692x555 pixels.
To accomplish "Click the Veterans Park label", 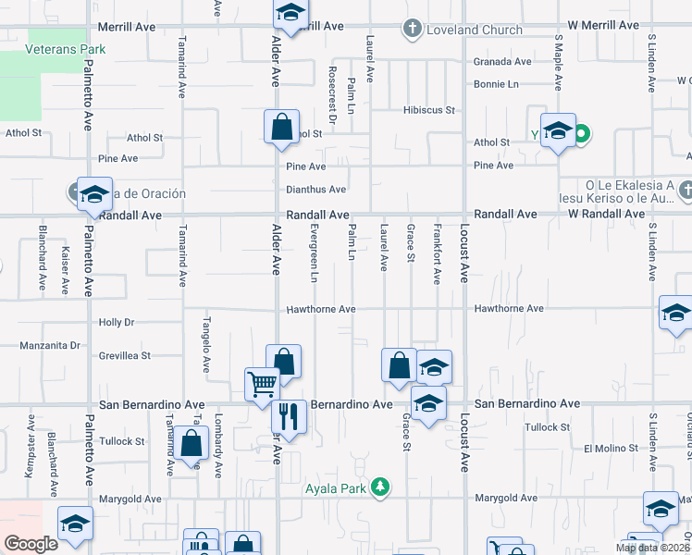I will (x=66, y=49).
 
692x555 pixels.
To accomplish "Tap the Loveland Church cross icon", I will (x=413, y=30).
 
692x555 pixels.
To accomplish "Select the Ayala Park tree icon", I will (x=379, y=486).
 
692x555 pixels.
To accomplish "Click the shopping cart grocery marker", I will (x=262, y=382).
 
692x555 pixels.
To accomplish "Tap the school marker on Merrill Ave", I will (x=290, y=14).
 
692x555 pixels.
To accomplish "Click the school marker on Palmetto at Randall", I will (x=94, y=194).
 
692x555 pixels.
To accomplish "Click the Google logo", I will (x=31, y=544).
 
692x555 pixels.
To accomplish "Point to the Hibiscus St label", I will (x=429, y=110).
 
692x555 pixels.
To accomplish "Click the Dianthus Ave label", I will (x=315, y=190).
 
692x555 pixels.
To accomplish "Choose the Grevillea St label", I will (x=125, y=355).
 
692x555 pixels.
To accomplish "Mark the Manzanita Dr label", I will (x=50, y=346).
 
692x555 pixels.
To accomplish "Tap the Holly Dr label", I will (x=117, y=323).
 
